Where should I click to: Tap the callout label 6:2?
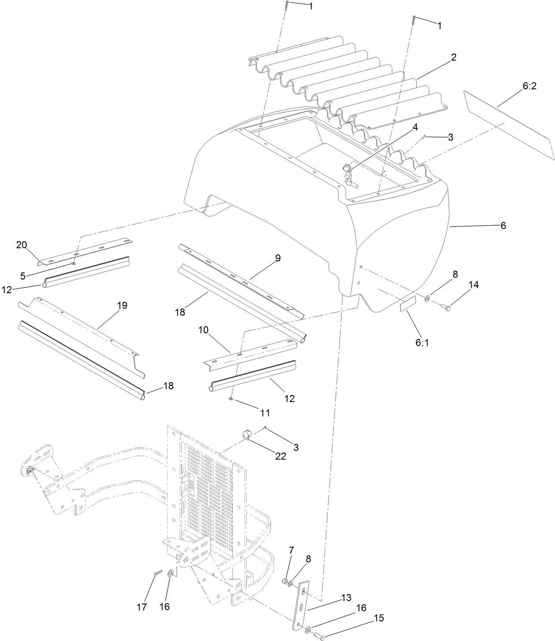[x=529, y=87]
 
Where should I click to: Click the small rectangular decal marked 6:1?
[x=408, y=304]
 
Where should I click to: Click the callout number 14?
[x=473, y=285]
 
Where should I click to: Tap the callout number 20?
[x=22, y=245]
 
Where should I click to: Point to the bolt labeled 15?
[x=319, y=636]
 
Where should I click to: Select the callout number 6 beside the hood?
[x=502, y=226]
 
